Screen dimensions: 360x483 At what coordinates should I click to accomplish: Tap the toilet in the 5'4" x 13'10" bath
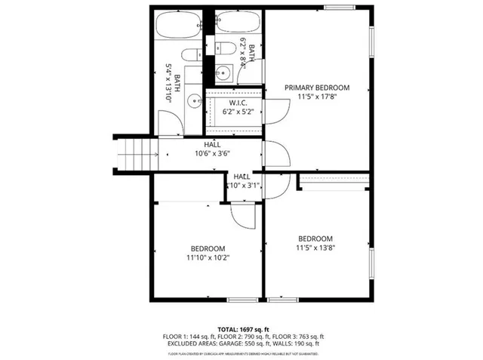pyautogui.click(x=192, y=54)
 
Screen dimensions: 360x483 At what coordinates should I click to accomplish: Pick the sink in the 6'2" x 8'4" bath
pyautogui.click(x=222, y=73)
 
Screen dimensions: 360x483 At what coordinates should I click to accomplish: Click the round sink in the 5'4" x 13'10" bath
pyautogui.click(x=194, y=98)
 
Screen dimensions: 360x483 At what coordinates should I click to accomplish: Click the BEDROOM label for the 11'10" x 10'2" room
pyautogui.click(x=207, y=248)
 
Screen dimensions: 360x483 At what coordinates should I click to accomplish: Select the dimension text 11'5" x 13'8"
pyautogui.click(x=315, y=247)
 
